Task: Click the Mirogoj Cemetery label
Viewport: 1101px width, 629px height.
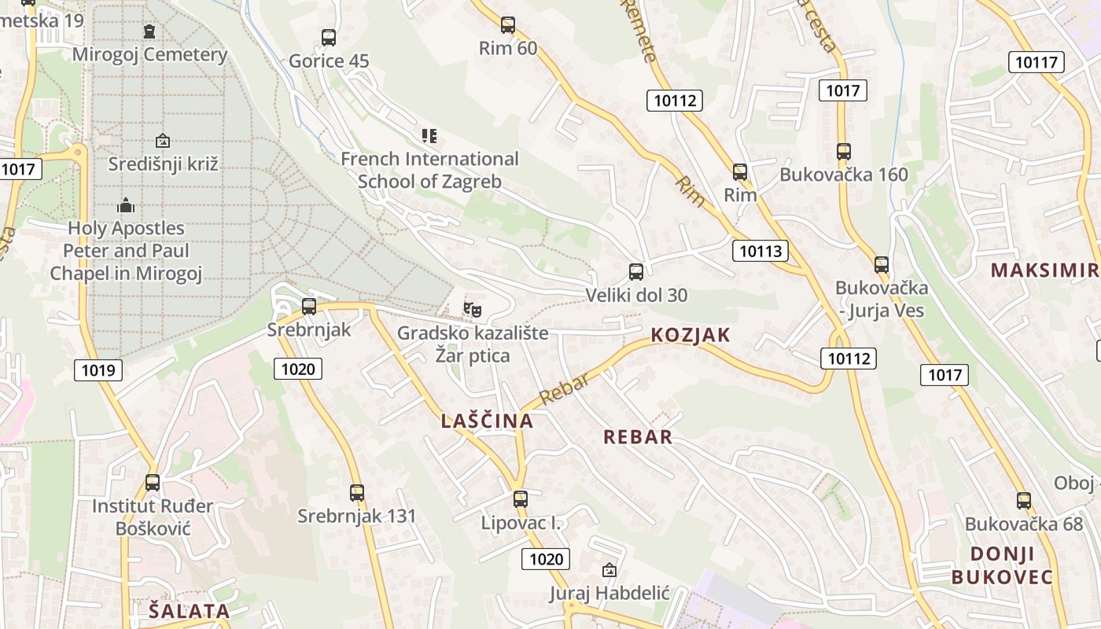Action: (x=149, y=54)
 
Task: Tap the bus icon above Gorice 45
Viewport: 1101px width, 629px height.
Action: (x=329, y=37)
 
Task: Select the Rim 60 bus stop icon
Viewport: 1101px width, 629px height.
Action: (x=508, y=25)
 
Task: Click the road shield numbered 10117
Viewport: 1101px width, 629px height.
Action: (x=1037, y=62)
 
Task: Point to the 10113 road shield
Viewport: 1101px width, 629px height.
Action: (x=760, y=251)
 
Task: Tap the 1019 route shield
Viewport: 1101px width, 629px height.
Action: (x=98, y=370)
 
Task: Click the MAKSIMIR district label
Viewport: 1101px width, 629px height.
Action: (x=1044, y=270)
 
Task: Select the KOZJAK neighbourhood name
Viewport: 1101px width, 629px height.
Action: (x=690, y=335)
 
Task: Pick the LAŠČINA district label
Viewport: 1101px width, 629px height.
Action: (x=487, y=421)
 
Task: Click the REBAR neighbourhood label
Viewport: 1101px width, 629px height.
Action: (x=638, y=437)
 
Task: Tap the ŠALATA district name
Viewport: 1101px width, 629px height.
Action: (x=190, y=610)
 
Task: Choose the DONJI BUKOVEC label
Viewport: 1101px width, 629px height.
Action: (x=1002, y=565)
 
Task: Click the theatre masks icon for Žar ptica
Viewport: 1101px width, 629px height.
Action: (x=473, y=309)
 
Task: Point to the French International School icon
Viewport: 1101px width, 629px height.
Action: (x=429, y=136)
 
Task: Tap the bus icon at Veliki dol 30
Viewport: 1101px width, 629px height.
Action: (x=636, y=272)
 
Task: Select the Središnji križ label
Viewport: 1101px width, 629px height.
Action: (x=163, y=164)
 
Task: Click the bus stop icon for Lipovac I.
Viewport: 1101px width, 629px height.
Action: (x=520, y=498)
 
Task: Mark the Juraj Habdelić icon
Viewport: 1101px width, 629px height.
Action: (x=609, y=570)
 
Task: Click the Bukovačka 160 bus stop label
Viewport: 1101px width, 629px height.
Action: (x=844, y=175)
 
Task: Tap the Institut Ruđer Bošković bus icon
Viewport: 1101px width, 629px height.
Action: (x=153, y=482)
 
